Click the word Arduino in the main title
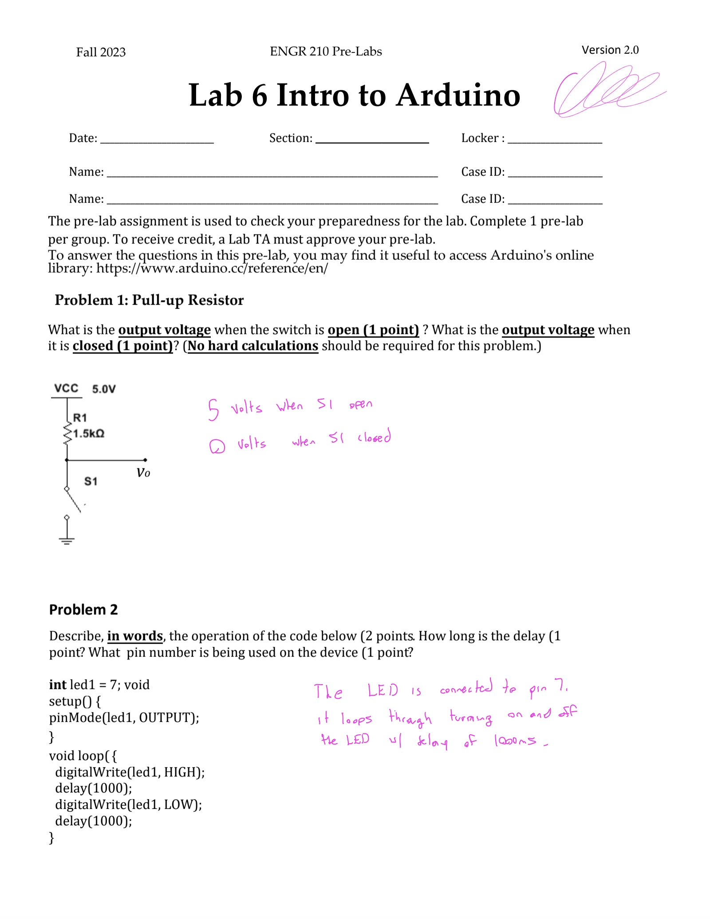point(458,95)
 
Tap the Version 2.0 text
point(610,50)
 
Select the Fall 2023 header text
point(101,52)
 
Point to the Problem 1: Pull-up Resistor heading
point(149,300)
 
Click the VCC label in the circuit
point(66,388)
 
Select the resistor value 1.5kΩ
point(89,433)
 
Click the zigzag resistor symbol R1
point(67,433)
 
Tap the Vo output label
point(143,473)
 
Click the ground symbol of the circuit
point(67,540)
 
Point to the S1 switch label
point(91,481)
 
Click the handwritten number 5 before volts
point(213,409)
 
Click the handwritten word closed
point(375,437)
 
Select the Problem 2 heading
point(83,610)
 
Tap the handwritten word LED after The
point(383,690)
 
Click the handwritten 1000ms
point(515,741)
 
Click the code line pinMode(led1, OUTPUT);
point(124,718)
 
